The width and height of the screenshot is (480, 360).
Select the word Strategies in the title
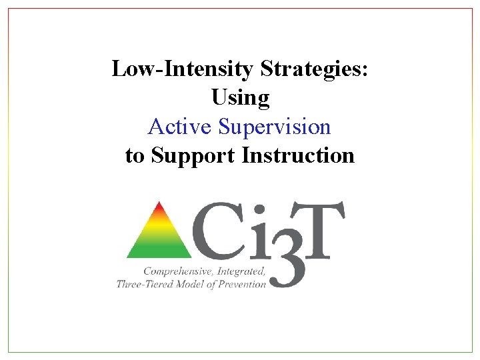[314, 69]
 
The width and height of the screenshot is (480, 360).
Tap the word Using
[240, 98]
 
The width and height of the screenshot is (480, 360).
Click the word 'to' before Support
[135, 156]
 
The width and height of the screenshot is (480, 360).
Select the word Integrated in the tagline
[243, 272]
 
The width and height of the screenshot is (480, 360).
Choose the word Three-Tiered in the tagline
[145, 284]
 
